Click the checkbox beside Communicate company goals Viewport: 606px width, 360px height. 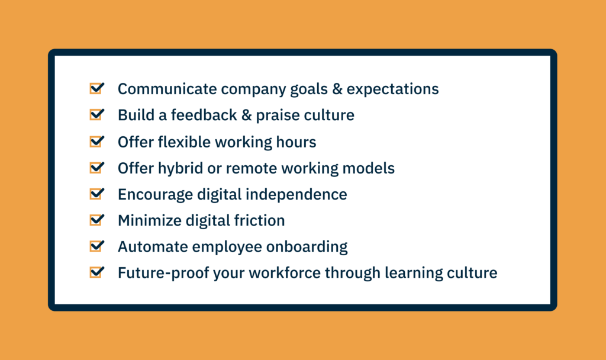[96, 88]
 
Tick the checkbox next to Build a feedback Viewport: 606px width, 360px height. [96, 114]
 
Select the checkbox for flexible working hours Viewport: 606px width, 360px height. [96, 141]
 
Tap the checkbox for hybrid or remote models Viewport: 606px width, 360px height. [96, 168]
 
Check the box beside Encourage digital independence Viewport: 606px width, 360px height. [96, 194]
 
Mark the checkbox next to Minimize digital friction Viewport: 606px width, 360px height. [96, 220]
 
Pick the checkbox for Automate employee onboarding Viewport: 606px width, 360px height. [96, 246]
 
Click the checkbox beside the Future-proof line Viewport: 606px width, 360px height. [96, 272]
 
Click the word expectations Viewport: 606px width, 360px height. [393, 90]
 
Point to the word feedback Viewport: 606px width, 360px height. [204, 115]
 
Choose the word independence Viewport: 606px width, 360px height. [296, 194]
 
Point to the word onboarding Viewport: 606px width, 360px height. [307, 247]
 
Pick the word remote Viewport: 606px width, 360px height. [252, 169]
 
